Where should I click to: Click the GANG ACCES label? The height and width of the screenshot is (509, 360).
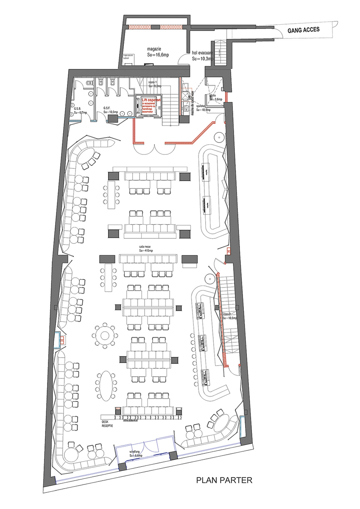point(303,30)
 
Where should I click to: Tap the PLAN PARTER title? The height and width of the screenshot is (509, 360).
point(224,481)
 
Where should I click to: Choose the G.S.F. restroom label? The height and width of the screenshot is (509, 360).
point(107,109)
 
